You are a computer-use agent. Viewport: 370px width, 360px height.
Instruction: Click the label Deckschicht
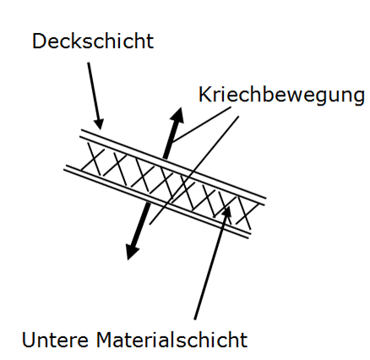[x=93, y=41]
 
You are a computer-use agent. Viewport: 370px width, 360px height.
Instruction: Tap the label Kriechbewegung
[x=281, y=95]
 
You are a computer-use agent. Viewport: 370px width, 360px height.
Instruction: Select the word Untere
[x=55, y=339]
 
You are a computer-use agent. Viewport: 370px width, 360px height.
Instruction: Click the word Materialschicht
[x=172, y=339]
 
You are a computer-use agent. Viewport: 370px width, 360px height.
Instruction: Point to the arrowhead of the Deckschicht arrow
[x=99, y=123]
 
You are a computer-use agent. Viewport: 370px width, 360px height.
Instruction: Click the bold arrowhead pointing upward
[x=177, y=116]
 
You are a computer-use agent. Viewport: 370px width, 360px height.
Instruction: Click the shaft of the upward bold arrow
[x=170, y=141]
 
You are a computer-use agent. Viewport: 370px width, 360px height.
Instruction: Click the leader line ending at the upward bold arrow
[x=202, y=124]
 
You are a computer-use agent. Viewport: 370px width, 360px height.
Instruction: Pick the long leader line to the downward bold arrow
[x=194, y=170]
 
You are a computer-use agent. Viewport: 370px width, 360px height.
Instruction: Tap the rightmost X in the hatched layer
[x=246, y=212]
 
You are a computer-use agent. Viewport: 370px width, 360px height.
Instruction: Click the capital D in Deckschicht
[x=39, y=41]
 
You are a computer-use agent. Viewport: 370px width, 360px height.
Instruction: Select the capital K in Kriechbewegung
[x=205, y=94]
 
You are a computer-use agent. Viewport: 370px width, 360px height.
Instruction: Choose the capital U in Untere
[x=28, y=340]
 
